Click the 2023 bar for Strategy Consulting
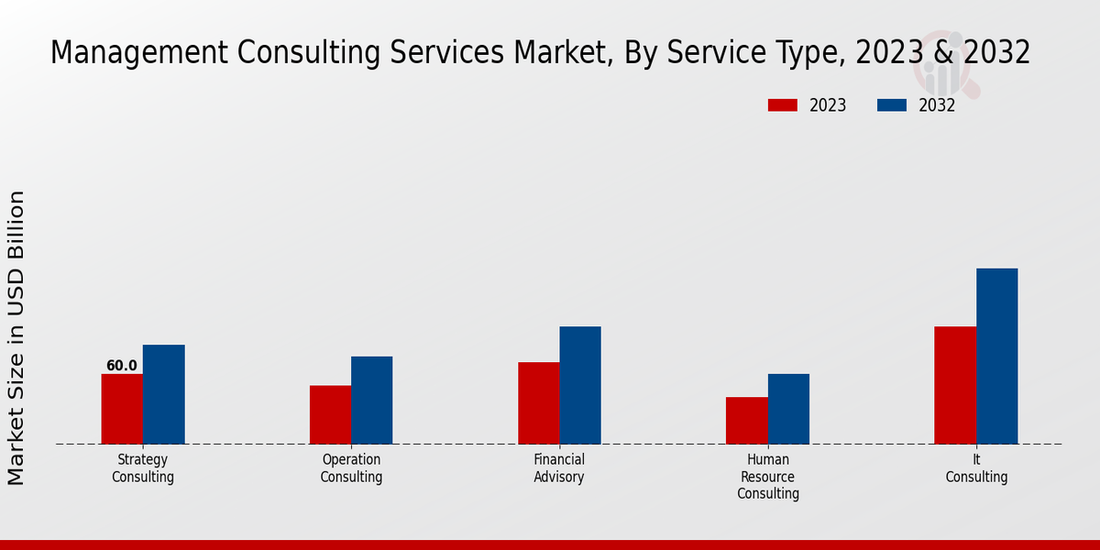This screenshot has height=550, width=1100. (122, 409)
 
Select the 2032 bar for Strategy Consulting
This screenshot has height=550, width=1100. (163, 394)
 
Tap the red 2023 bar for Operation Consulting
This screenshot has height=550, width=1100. (330, 414)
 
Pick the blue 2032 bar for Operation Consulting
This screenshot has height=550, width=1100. (371, 400)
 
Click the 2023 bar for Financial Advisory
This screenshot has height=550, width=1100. (538, 403)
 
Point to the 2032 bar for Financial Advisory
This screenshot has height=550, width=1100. (580, 385)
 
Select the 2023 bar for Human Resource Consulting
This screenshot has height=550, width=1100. (746, 421)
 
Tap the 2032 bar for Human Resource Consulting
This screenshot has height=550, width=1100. (788, 409)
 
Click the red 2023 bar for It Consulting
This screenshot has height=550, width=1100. (955, 385)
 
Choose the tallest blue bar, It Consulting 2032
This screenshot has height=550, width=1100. (996, 356)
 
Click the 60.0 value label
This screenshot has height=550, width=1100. (122, 366)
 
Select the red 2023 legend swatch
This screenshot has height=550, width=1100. (782, 105)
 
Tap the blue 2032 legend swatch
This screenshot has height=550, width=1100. (891, 105)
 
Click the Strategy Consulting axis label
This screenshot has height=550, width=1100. (143, 468)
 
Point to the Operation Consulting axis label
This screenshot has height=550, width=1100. (351, 468)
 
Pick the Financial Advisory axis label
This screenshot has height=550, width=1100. (559, 468)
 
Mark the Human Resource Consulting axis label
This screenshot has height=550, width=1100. (768, 477)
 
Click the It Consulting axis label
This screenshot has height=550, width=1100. (976, 468)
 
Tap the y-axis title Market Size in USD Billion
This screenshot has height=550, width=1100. (16, 337)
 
